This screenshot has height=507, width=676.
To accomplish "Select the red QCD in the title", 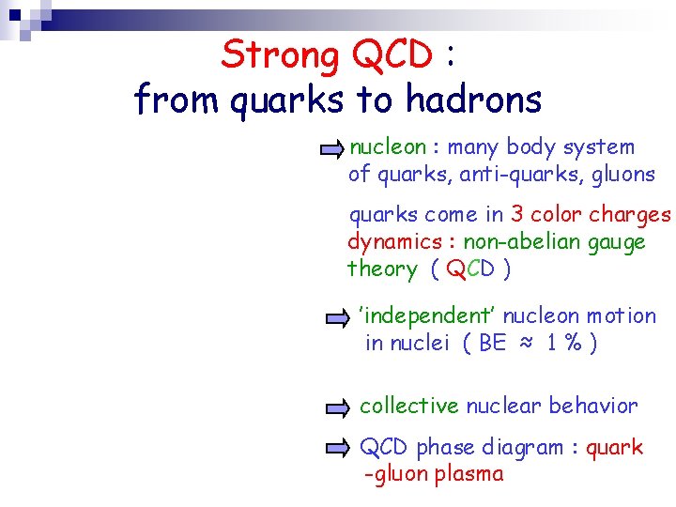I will pyautogui.click(x=392, y=55).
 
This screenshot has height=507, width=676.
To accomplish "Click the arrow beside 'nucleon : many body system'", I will pyautogui.click(x=331, y=148).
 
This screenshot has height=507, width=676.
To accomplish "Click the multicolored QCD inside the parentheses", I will pyautogui.click(x=469, y=269).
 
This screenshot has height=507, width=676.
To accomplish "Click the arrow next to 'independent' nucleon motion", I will pyautogui.click(x=337, y=318).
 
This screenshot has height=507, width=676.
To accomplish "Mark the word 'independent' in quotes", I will pyautogui.click(x=414, y=316).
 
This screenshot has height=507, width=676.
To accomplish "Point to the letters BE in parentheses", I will pyautogui.click(x=492, y=344).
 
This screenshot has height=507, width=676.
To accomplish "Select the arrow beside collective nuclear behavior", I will pyautogui.click(x=337, y=407).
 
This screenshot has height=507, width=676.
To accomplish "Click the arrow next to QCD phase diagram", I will pyautogui.click(x=337, y=448).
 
